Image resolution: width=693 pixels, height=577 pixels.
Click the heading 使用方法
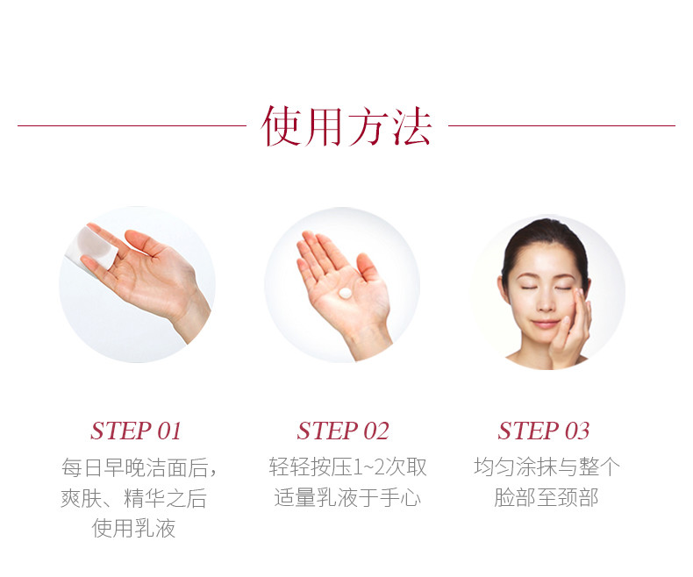pos(346,126)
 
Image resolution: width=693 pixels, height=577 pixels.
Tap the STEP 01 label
pos(136,431)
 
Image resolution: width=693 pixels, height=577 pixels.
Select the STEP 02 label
pos(343,431)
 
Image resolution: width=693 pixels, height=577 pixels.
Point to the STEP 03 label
pos(544,431)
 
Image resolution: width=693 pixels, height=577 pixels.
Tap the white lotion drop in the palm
pos(345,293)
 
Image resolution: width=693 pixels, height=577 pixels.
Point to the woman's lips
pos(545,324)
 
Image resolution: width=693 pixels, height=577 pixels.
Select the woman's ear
pos(503,289)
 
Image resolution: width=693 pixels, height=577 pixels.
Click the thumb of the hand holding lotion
pos(368,267)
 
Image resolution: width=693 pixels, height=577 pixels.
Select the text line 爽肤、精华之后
pos(134,498)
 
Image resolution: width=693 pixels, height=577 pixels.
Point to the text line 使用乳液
pos(133,528)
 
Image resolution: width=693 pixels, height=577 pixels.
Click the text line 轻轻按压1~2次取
pos(348,467)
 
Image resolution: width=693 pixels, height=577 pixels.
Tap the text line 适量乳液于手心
pos(347,497)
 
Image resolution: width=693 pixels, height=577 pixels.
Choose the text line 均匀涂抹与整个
pos(547,467)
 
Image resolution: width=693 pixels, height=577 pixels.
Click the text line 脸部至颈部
pos(547,497)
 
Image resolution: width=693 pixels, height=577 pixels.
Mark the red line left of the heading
pos(132,125)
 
